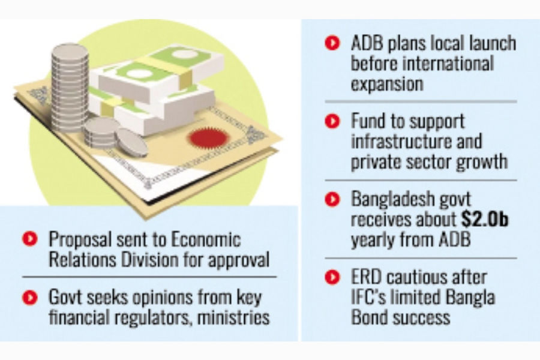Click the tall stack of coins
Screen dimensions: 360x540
70,83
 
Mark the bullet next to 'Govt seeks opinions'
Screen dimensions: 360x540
28,297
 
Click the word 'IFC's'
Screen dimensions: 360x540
372,297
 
